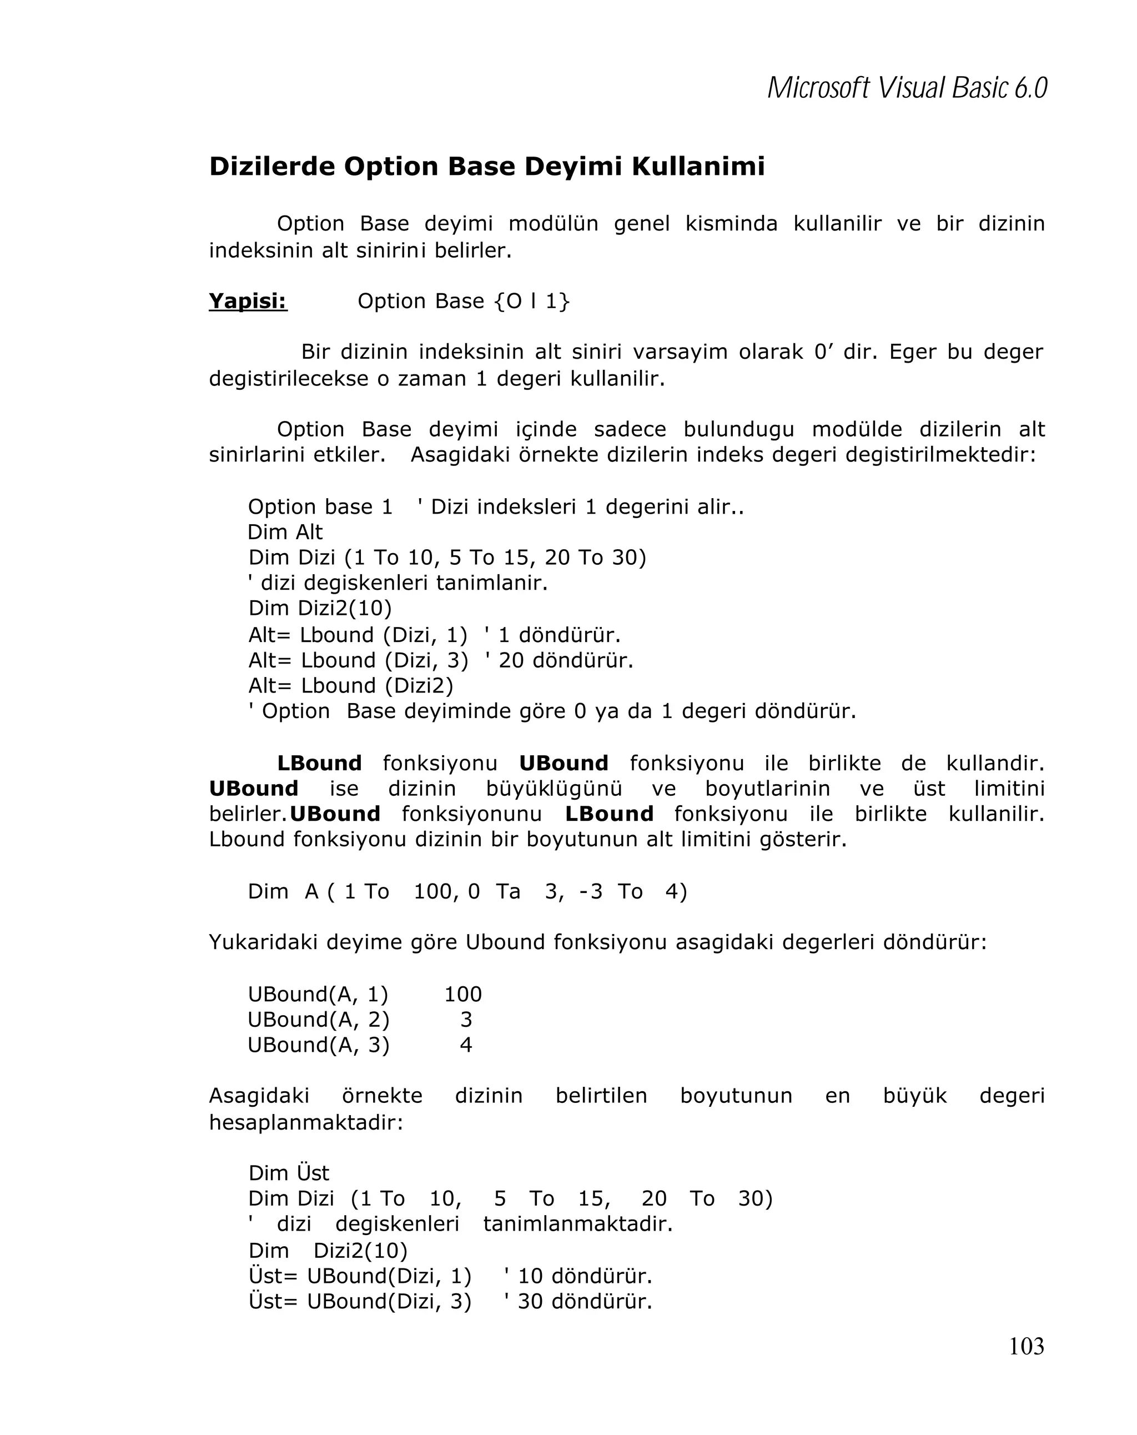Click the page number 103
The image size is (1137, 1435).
tap(1026, 1347)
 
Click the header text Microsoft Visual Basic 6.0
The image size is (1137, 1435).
tap(907, 88)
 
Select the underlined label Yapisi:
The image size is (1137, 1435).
tap(248, 301)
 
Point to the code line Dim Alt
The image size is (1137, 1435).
tap(285, 532)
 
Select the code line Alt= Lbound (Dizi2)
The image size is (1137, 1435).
tap(351, 685)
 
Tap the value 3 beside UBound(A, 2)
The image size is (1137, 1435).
tap(466, 1019)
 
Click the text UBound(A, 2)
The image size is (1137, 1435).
tap(319, 1019)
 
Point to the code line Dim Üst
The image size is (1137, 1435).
tap(289, 1173)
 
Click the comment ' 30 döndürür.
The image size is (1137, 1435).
tap(577, 1301)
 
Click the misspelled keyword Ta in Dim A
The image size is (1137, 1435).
tap(507, 891)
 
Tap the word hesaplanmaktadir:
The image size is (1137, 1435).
tap(306, 1122)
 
